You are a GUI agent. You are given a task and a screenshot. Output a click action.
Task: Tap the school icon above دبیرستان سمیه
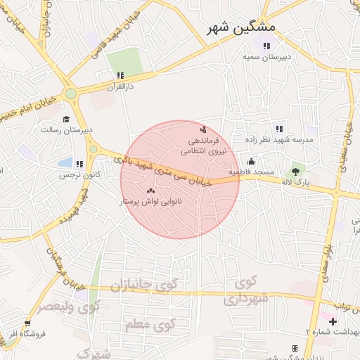[x=266, y=46]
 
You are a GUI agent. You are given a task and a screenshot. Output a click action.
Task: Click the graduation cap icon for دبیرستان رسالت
[x=66, y=120]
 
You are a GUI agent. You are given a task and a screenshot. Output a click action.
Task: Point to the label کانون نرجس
[x=77, y=173]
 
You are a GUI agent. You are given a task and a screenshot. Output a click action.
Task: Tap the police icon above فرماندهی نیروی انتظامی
[x=203, y=129]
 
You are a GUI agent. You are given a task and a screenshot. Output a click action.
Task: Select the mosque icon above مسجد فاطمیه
[x=251, y=162]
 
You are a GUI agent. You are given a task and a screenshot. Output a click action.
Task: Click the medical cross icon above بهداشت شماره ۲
[x=333, y=321]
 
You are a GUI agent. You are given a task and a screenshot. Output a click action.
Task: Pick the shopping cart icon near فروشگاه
[x=27, y=323]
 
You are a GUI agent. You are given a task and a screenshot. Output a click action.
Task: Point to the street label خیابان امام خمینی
[x=32, y=106]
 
